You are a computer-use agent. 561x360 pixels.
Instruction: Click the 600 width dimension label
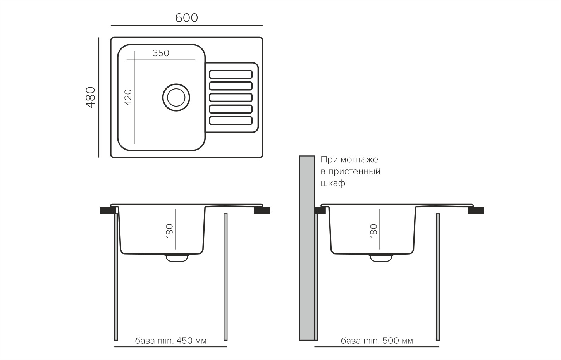[186, 18]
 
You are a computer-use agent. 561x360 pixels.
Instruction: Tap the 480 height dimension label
[90, 97]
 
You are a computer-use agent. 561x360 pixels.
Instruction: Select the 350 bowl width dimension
[161, 53]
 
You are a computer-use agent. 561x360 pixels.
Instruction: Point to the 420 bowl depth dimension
[128, 97]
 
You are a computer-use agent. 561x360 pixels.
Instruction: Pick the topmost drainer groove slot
[231, 74]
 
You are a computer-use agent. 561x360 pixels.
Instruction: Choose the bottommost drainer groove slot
[231, 121]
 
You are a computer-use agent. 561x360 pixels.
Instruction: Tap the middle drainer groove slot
[231, 97]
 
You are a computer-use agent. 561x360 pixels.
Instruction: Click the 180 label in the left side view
[169, 231]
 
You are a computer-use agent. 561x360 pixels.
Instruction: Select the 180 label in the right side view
[373, 231]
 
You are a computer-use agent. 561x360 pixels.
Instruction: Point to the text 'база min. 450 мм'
[170, 341]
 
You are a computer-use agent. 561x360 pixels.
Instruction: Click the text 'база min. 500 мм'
[377, 341]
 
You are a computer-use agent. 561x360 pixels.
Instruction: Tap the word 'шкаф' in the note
[333, 183]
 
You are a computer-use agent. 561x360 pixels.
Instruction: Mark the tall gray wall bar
[306, 248]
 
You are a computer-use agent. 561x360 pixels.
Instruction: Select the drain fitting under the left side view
[177, 258]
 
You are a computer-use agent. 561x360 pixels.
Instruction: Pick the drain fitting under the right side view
[380, 258]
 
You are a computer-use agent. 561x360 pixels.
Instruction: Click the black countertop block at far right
[475, 210]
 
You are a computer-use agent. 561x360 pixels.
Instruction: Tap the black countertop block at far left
[107, 210]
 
